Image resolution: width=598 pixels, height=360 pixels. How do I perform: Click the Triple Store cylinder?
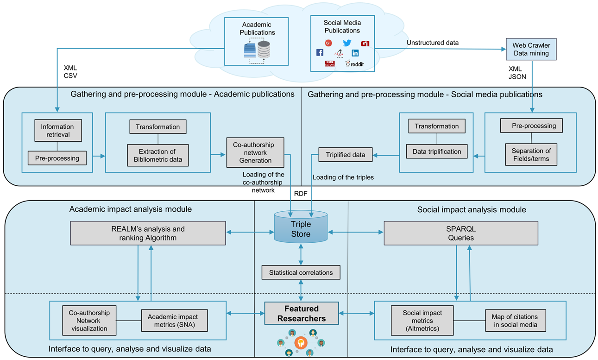301,228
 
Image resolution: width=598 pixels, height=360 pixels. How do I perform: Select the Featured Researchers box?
302,313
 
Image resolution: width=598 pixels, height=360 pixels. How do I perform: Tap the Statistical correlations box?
301,272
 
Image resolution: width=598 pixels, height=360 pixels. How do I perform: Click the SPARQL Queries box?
461,233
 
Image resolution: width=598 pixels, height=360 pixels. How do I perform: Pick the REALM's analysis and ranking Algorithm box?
148,233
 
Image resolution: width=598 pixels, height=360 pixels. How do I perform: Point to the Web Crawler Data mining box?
531,50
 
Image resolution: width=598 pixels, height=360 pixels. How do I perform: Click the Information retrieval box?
57,131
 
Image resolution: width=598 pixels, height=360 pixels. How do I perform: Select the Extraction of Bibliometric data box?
157,156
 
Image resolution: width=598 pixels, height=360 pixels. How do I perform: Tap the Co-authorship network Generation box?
255,152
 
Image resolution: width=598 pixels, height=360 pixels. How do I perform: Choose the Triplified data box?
346,155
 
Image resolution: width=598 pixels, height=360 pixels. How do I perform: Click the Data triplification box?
437,152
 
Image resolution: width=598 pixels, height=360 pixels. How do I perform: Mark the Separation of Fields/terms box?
531,155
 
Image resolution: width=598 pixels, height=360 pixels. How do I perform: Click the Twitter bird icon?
347,44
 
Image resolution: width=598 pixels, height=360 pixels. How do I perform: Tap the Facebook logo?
320,53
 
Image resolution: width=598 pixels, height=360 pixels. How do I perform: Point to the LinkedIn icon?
355,53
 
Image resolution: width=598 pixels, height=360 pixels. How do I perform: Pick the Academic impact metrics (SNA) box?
172,321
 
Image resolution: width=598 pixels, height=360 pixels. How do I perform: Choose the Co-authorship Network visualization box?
89,321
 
